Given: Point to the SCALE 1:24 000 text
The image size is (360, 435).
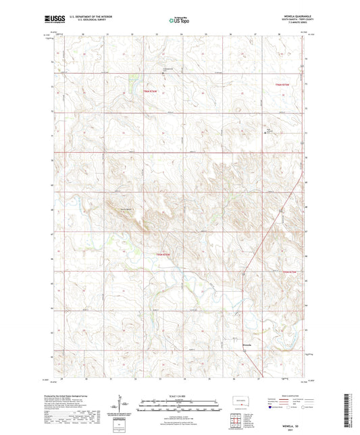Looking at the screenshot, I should coord(179,396).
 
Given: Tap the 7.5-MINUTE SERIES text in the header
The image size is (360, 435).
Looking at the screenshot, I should coord(292,23).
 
